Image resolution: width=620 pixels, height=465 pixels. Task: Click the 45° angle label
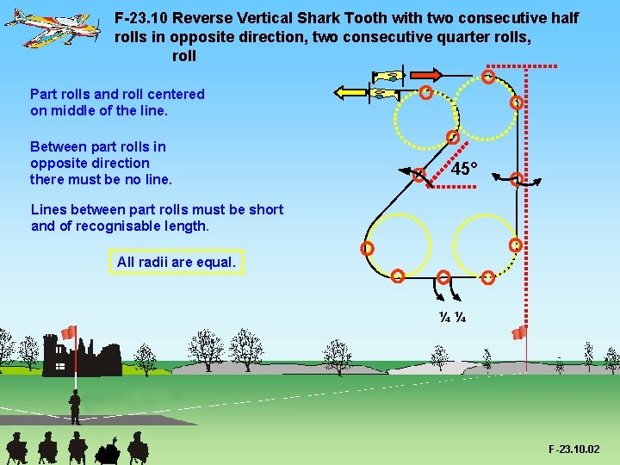[x=462, y=169]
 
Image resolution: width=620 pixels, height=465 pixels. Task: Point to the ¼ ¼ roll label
[x=452, y=317]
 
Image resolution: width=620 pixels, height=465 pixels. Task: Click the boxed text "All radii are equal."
[x=177, y=261]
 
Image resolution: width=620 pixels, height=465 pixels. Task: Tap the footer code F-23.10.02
[x=574, y=449]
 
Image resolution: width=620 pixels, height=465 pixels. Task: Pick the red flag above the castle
[x=69, y=332]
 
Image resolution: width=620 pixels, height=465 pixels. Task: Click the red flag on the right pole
[x=519, y=332]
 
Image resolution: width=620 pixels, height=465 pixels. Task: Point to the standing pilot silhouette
[x=75, y=405]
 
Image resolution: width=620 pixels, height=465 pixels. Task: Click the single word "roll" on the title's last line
[x=184, y=56]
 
